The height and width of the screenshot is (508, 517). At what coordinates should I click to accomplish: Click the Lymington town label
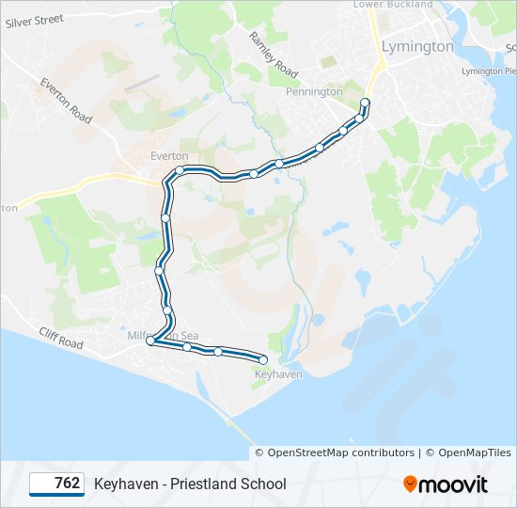pyautogui.click(x=417, y=46)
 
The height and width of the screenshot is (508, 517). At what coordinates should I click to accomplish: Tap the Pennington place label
pyautogui.click(x=316, y=92)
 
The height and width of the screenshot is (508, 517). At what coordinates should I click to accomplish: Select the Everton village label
pyautogui.click(x=169, y=156)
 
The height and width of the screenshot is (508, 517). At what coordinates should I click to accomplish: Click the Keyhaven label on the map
pyautogui.click(x=278, y=374)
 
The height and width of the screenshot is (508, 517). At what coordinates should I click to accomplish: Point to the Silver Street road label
pyautogui.click(x=34, y=21)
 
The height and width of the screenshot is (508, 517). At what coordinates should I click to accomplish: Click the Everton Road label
pyautogui.click(x=66, y=101)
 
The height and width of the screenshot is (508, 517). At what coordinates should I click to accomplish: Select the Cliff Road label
pyautogui.click(x=61, y=336)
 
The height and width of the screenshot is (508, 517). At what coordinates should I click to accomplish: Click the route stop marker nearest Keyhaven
pyautogui.click(x=263, y=360)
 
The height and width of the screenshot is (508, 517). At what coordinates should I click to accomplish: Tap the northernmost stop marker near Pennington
pyautogui.click(x=365, y=102)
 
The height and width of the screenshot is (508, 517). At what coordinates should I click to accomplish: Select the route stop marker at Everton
pyautogui.click(x=179, y=169)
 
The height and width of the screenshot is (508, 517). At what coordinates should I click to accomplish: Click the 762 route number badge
pyautogui.click(x=56, y=484)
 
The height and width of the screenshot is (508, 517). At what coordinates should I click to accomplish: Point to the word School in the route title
pyautogui.click(x=265, y=484)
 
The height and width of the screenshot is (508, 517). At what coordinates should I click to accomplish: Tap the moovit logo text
pyautogui.click(x=454, y=484)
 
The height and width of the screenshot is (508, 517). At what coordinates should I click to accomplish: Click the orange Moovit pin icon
pyautogui.click(x=410, y=484)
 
